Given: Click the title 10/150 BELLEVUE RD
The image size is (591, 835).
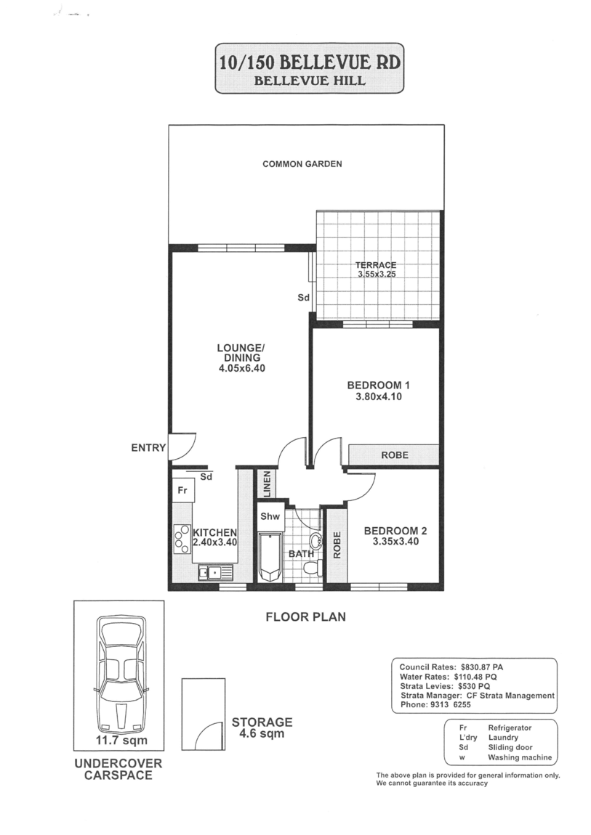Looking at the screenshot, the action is (308, 62).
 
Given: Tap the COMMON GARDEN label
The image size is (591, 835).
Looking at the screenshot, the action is (302, 164).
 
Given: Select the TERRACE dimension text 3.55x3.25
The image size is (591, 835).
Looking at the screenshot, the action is (377, 274).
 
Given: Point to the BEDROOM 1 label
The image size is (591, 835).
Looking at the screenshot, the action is (378, 385).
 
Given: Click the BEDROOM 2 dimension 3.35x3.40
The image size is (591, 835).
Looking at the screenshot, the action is (395, 542).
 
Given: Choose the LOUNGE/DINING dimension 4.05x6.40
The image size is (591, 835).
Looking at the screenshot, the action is (242, 368).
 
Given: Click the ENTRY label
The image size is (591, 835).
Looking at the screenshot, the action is (149, 448).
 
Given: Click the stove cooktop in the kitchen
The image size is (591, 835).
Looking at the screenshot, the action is (182, 539).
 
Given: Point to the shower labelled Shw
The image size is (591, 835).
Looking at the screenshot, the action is (270, 516).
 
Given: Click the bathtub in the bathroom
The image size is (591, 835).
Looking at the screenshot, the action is (270, 557).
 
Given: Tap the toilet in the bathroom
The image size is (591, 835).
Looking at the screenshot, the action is (312, 569).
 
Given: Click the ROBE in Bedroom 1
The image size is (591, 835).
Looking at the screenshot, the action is (394, 455).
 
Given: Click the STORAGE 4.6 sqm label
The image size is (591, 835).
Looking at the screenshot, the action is (262, 728).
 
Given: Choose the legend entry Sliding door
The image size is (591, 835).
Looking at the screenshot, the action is (510, 747).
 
